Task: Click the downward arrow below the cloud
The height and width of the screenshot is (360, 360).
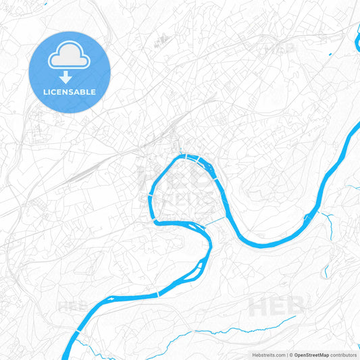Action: tap(70, 76)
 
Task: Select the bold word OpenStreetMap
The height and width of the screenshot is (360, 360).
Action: tap(311, 355)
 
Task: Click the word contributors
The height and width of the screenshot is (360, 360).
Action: tap(344, 355)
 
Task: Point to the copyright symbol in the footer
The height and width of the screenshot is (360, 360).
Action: tap(290, 355)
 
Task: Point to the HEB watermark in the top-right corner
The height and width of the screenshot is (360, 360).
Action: tap(280, 49)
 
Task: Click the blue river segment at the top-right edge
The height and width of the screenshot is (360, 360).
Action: tap(356, 45)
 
